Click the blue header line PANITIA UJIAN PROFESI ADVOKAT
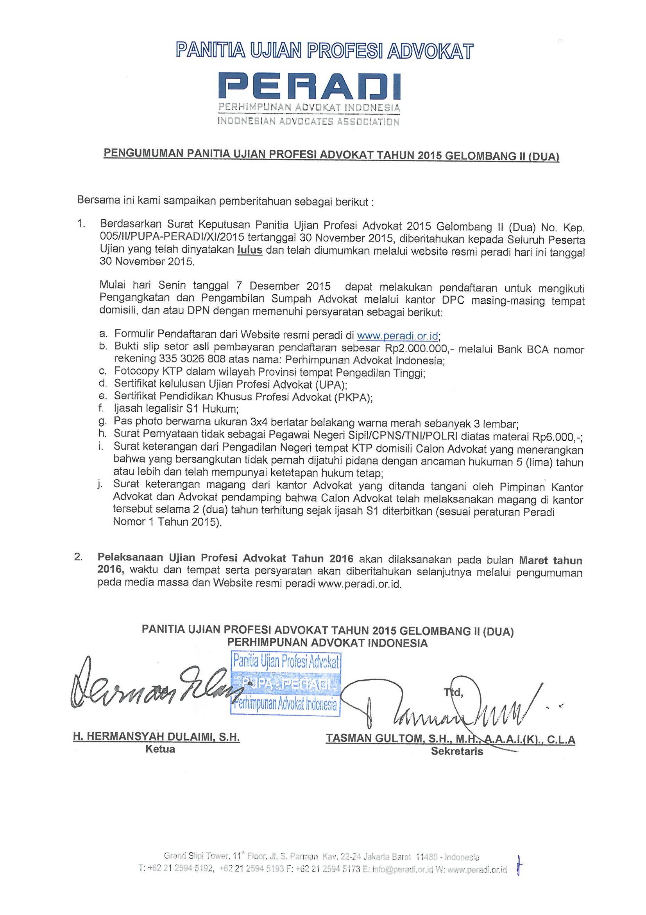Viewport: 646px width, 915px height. click(x=325, y=51)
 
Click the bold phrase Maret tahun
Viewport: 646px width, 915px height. click(x=551, y=560)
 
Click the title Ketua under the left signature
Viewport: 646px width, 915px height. click(x=160, y=749)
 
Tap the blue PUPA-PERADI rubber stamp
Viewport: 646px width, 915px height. click(x=285, y=685)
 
